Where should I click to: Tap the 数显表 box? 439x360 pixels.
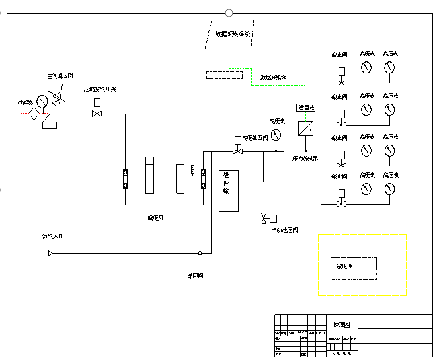coord(306,107)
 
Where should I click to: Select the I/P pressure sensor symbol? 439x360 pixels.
coord(306,127)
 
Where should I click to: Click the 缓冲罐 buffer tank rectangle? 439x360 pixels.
coord(228,191)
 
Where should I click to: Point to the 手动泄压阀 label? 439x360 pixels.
coord(284,230)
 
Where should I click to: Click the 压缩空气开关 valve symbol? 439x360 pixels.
coord(97,114)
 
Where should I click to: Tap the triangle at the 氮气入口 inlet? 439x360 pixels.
coord(50,252)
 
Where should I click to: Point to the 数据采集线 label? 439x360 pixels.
coord(273,77)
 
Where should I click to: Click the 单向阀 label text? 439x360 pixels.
coord(196,275)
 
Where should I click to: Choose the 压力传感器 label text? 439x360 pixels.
coord(305,159)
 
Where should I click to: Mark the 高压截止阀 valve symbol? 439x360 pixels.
coord(237,151)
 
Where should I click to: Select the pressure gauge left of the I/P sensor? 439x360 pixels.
coord(276,134)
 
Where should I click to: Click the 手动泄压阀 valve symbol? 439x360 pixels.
coord(264,218)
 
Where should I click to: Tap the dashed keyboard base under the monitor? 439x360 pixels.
coord(223,75)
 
